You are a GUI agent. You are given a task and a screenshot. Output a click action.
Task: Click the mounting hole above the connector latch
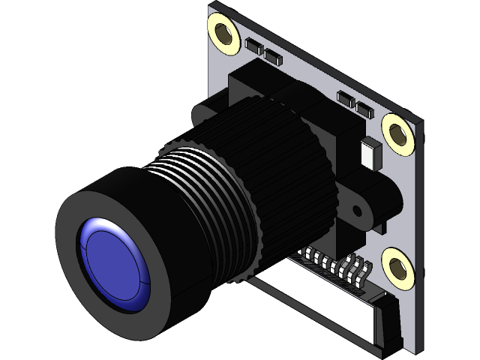click(397, 266)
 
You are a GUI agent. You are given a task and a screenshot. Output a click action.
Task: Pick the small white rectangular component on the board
click(370, 153)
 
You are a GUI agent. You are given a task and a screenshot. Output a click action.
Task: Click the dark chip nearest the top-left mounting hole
click(253, 46)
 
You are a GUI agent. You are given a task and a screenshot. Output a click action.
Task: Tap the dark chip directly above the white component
click(364, 111)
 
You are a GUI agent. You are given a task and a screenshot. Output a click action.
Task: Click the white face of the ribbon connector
click(315, 300)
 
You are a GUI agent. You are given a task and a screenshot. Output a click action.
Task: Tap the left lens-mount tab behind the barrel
click(202, 112)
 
